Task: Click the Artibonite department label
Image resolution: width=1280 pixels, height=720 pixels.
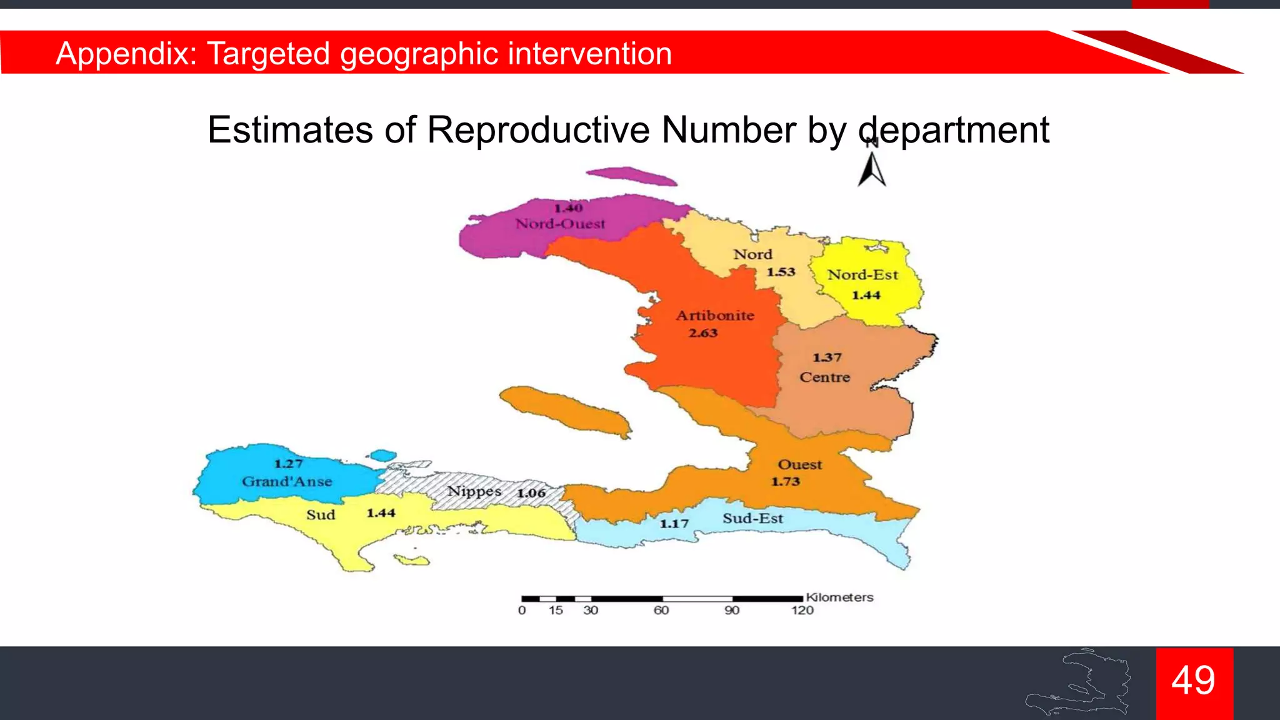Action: pos(715,316)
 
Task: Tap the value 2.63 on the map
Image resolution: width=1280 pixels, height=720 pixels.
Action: pos(703,333)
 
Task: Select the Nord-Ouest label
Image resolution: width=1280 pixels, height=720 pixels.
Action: pos(560,224)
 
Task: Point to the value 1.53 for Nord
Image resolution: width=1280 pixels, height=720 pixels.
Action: pos(781,272)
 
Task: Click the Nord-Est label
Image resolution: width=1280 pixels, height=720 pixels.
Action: pos(862,275)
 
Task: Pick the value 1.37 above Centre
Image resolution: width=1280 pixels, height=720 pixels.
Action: pos(827,357)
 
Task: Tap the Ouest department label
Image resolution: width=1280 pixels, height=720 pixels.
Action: pos(799,464)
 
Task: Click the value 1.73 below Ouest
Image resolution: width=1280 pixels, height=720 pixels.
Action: pos(785,482)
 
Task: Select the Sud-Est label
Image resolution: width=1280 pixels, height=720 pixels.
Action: pos(752,518)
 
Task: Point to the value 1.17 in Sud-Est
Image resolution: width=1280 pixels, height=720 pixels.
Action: pos(674,524)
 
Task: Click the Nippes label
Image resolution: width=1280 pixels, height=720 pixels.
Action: pos(474,491)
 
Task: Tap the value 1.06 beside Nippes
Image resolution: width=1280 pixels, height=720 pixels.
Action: pos(531,493)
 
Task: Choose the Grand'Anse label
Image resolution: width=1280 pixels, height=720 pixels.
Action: pos(287,481)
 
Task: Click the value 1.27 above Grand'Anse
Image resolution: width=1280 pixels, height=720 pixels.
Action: pos(288,464)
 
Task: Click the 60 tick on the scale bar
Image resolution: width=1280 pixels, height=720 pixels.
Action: pos(661,610)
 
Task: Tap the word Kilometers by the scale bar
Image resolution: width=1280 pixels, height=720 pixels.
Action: pos(839,597)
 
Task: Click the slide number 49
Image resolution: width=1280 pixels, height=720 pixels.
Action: pos(1194,680)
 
